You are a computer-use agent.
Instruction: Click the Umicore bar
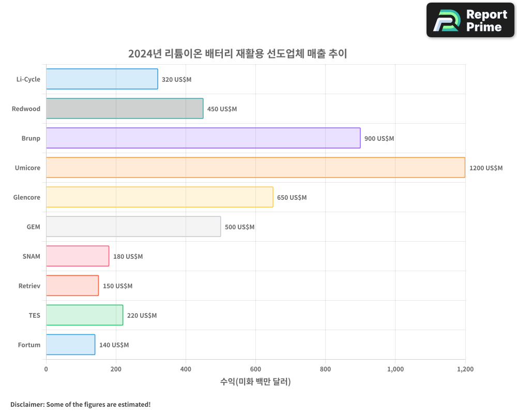click(x=255, y=168)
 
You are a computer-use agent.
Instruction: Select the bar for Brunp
click(x=203, y=138)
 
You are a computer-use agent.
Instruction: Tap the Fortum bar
click(x=70, y=345)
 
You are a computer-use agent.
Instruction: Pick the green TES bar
click(x=84, y=315)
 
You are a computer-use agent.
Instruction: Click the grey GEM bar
click(x=133, y=227)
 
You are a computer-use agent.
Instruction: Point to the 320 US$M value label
click(x=177, y=80)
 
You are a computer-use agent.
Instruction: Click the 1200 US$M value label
click(x=485, y=168)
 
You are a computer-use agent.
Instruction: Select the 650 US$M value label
click(x=292, y=198)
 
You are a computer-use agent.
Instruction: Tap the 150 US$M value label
click(x=117, y=286)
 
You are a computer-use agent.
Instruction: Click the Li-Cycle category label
click(x=28, y=80)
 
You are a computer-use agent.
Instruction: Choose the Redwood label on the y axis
click(x=26, y=109)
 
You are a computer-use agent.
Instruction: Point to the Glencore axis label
click(x=26, y=198)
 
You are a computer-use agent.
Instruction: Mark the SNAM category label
click(x=31, y=257)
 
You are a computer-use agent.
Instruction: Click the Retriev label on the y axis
click(x=29, y=286)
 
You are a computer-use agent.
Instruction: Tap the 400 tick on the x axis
click(x=186, y=369)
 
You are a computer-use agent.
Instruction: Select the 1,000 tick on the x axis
click(x=395, y=369)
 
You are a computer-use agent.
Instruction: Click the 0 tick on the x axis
click(x=46, y=369)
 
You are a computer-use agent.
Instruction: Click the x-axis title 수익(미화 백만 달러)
click(x=255, y=382)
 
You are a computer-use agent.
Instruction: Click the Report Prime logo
click(x=470, y=20)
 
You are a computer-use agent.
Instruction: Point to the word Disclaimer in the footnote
click(x=26, y=405)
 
